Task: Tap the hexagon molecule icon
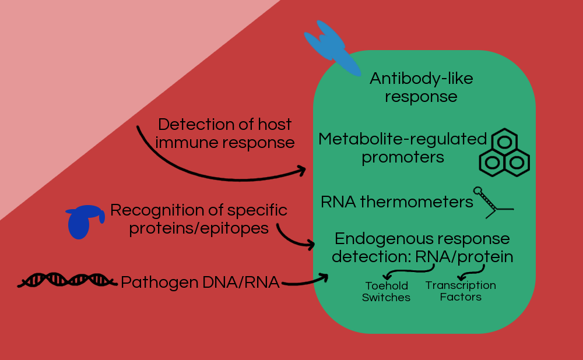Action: coord(504,153)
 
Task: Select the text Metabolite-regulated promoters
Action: coord(402,148)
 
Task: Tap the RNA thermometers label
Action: coord(396,202)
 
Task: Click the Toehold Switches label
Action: coord(386,291)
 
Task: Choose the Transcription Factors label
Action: coord(461,291)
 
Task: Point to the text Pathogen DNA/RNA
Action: coord(200,283)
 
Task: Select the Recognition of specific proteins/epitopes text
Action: coord(199,218)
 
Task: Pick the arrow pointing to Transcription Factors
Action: coord(472,271)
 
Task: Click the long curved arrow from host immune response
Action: coord(192,166)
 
